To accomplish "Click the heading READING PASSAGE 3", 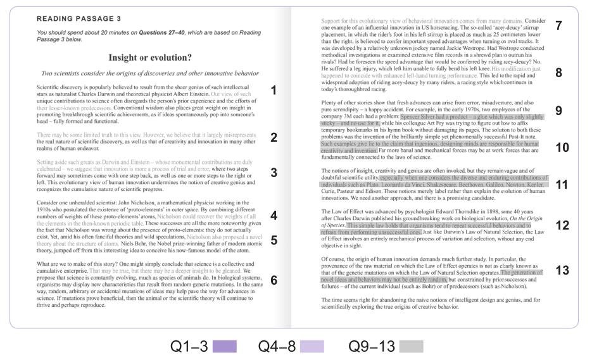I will pos(79,18).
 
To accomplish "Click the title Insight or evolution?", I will pos(150,58).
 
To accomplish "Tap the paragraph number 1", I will pos(274,90).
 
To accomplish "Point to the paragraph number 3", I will pos(274,172).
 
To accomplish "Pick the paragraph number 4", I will pos(274,216).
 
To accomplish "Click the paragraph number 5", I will pos(274,240).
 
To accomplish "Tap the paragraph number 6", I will pos(274,279).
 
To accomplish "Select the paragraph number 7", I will pos(558,26).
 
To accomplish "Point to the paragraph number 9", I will pos(558,111).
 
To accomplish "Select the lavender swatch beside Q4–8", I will pos(312,346).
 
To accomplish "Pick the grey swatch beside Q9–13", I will pos(412,346).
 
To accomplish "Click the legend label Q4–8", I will pos(277,346).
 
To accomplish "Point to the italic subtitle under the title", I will pos(150,73).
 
